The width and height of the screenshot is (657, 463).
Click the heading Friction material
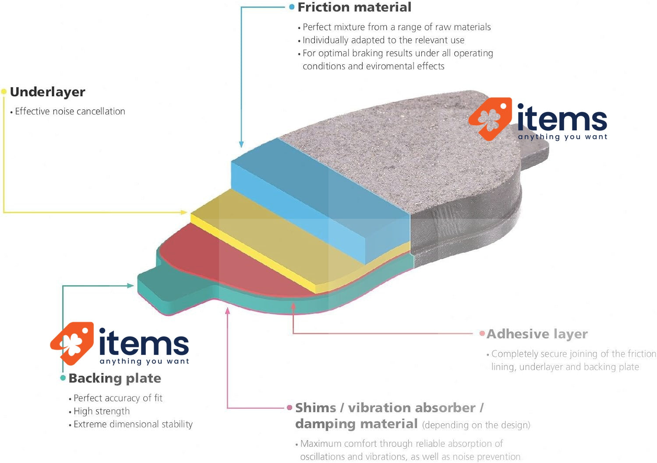click(354, 7)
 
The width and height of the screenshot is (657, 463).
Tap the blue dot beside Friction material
click(292, 7)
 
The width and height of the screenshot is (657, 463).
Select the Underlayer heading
click(47, 92)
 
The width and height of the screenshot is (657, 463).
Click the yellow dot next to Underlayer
click(4, 91)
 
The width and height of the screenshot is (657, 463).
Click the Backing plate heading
click(115, 378)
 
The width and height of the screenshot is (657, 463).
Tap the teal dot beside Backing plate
click(63, 378)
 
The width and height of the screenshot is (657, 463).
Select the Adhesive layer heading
click(537, 334)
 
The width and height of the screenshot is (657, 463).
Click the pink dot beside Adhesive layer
click(482, 333)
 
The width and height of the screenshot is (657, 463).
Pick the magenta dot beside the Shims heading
click(290, 407)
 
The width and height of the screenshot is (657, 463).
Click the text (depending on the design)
click(477, 425)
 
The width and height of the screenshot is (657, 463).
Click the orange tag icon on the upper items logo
click(491, 119)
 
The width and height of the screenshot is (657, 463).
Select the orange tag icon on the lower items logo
click(72, 344)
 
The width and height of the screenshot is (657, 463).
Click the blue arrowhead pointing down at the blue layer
click(241, 144)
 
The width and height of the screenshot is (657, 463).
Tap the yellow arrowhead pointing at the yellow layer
click(184, 212)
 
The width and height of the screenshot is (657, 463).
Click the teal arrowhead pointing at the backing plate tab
click(131, 286)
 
